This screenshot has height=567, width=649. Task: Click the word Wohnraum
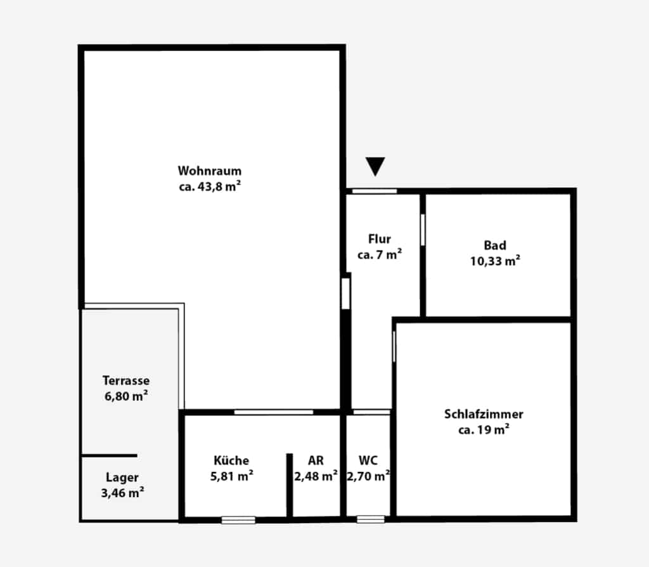pos(209,171)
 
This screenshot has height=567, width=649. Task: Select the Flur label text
pos(380,239)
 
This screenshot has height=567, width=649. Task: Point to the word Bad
pos(495,245)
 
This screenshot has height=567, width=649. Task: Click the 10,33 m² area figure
pos(495,261)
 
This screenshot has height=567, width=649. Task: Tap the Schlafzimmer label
pos(484,414)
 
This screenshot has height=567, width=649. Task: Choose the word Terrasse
pos(126,380)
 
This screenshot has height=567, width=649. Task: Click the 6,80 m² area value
pos(126,396)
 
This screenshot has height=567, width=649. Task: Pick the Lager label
pos(122,478)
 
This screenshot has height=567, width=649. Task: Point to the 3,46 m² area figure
pos(122,493)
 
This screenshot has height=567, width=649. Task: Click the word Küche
pos(231,460)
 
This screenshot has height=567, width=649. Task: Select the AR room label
pos(316,460)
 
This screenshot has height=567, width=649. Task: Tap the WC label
pos(368,460)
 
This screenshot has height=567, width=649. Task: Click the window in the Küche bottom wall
pos(238,520)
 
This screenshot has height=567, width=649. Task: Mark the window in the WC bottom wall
pos(371,519)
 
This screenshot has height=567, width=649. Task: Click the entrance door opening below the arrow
pos(374,191)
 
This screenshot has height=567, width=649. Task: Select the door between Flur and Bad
pos(423,230)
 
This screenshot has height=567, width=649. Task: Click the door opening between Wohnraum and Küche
pos(274,412)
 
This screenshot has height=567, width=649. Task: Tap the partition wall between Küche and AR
pos(289,485)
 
